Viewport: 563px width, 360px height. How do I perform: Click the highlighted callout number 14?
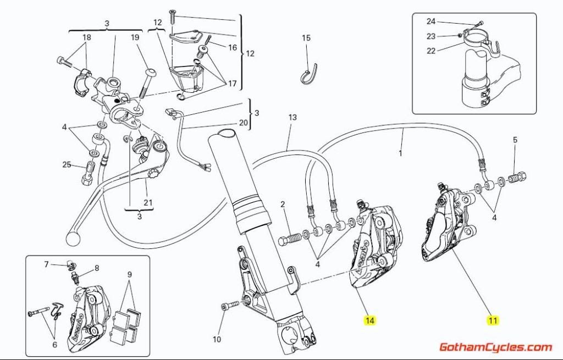(370, 320)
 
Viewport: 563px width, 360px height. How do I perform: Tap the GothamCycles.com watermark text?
(495, 347)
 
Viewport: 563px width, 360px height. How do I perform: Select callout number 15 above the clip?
(306, 38)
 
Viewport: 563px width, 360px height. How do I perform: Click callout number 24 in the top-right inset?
(431, 21)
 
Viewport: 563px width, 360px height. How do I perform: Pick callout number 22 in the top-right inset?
(431, 51)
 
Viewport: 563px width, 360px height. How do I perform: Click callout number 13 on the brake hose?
(292, 118)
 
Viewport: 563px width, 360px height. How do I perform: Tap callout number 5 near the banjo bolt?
(515, 140)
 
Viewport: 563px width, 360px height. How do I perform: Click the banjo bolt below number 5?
(517, 178)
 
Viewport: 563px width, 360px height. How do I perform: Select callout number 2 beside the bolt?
(283, 205)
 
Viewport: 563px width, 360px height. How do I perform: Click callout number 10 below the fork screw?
(217, 340)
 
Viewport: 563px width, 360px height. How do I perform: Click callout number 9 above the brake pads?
(129, 274)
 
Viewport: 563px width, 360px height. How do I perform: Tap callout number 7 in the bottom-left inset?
(47, 264)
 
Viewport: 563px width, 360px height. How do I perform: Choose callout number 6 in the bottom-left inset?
(54, 345)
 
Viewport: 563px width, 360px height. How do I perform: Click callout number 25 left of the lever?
(67, 165)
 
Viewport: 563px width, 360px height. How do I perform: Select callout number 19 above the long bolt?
(135, 38)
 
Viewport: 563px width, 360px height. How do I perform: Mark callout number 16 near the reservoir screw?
(233, 48)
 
